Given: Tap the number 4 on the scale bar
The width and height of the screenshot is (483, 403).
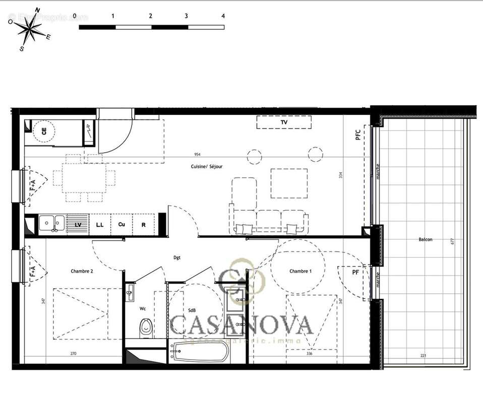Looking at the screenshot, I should pyautogui.click(x=223, y=16).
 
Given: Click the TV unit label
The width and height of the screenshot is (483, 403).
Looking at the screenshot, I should pyautogui.click(x=283, y=122).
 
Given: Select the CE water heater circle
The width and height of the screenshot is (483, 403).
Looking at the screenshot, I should pyautogui.click(x=44, y=132).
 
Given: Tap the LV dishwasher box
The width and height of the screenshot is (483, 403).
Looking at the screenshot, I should pyautogui.click(x=78, y=224).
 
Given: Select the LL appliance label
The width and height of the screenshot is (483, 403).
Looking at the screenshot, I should pyautogui.click(x=100, y=224).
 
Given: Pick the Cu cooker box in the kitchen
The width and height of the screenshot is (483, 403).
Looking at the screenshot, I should pyautogui.click(x=122, y=224).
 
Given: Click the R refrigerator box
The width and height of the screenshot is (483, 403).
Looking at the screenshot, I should pyautogui.click(x=144, y=224).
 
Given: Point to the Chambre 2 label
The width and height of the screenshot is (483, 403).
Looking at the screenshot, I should pyautogui.click(x=82, y=271).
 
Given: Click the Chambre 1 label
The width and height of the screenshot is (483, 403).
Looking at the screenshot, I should pyautogui.click(x=300, y=271).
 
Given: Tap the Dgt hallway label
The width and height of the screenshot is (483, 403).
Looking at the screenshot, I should pyautogui.click(x=177, y=257).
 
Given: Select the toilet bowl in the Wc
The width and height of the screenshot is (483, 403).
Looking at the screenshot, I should pyautogui.click(x=146, y=327).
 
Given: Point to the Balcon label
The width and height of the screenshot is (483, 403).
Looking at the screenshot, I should pyautogui.click(x=425, y=240).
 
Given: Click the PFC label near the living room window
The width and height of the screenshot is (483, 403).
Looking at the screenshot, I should pyautogui.click(x=357, y=135).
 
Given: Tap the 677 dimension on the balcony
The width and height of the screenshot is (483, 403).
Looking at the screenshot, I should pyautogui.click(x=453, y=241).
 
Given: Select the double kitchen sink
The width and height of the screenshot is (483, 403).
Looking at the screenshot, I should pyautogui.click(x=52, y=222).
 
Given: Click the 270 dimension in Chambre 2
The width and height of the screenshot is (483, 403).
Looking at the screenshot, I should pyautogui.click(x=73, y=354).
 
